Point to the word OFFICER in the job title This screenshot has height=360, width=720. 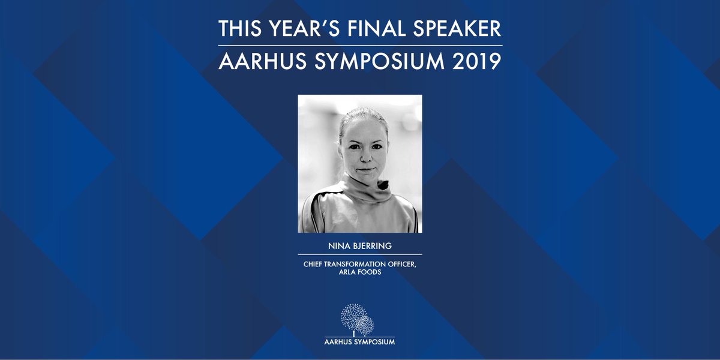coord(403,262)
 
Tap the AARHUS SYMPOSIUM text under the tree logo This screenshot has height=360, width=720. coord(359,342)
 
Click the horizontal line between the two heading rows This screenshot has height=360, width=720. coord(360,45)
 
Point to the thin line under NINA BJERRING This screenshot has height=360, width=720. coord(360,254)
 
